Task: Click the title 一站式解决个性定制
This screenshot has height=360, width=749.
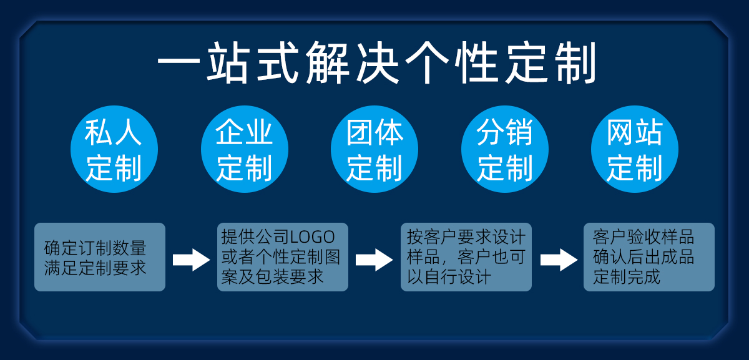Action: click(377, 62)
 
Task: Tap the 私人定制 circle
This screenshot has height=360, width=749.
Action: click(114, 149)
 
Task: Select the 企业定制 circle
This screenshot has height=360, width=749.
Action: click(245, 149)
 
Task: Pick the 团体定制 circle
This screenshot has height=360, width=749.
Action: click(374, 149)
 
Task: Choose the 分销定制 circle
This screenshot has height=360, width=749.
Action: click(505, 149)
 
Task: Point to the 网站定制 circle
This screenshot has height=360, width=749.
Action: click(635, 149)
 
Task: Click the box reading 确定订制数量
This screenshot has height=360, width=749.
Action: click(100, 257)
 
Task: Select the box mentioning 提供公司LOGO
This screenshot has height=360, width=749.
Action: click(283, 257)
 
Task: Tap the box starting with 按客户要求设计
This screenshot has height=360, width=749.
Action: click(466, 257)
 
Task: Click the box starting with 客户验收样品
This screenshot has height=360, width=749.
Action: click(649, 257)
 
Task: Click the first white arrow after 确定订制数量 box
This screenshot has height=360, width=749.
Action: click(191, 260)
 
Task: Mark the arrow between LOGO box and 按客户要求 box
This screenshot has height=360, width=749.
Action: click(374, 260)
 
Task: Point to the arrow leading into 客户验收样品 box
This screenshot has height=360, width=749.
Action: click(559, 260)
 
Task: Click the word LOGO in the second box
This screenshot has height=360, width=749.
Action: click(313, 237)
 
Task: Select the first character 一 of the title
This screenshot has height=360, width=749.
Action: click(179, 63)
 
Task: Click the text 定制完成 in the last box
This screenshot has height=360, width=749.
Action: click(627, 277)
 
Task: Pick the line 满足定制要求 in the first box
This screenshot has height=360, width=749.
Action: click(95, 268)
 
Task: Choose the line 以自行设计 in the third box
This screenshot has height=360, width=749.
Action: click(449, 277)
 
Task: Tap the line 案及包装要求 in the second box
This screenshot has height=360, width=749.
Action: click(272, 277)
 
